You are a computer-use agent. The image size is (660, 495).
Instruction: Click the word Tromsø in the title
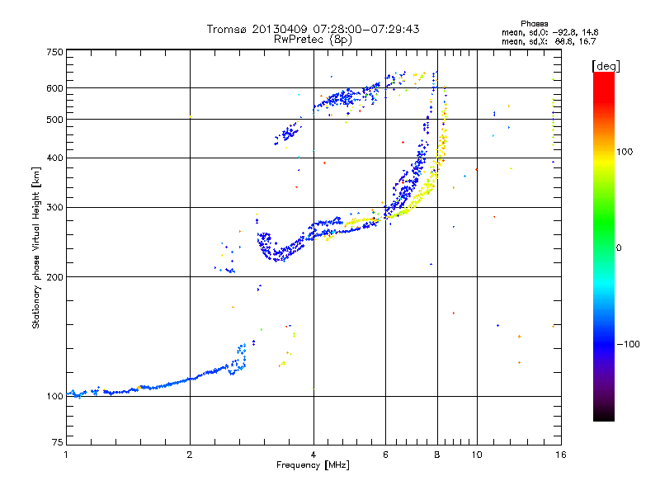coord(227,29)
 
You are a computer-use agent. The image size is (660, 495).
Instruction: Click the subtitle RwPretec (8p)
coord(313,40)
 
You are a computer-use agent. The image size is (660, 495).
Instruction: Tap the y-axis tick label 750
coord(55,52)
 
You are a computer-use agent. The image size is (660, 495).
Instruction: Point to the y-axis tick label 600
coord(55,88)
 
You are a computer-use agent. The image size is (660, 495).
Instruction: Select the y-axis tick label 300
coord(55,208)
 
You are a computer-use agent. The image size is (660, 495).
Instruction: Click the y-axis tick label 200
coord(55,277)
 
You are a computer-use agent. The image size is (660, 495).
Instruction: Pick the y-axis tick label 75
coord(58,442)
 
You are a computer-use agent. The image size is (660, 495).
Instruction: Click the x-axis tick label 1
coord(66,455)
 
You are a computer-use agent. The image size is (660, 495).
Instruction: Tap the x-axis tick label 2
coord(190,455)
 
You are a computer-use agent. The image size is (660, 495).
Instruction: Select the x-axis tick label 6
coord(385,455)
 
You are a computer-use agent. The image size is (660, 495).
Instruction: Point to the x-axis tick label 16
coord(561,455)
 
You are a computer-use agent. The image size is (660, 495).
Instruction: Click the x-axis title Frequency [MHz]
coord(313,465)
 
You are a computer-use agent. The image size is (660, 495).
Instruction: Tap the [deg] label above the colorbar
coord(606,66)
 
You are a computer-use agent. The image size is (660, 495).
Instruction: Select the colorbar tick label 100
coord(625,152)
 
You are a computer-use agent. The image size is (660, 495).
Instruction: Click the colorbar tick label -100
coord(628,344)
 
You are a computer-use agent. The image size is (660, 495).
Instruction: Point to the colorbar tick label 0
coord(619,248)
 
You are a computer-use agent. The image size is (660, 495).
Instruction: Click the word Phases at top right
coord(534,24)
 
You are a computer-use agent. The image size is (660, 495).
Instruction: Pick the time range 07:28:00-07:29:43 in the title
coord(366,29)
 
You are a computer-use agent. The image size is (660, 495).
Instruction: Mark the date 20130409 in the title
coord(280,29)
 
